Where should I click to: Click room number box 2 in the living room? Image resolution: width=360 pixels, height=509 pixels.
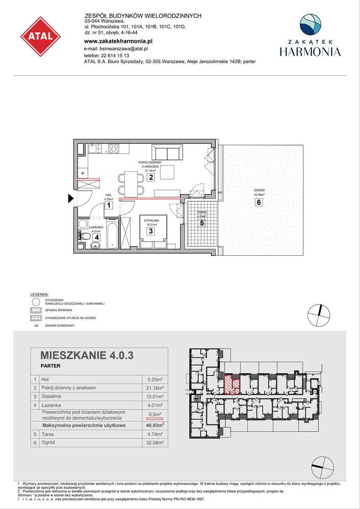pyautogui.click(x=151, y=177)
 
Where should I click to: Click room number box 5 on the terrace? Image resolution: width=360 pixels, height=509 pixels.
pyautogui.click(x=202, y=223)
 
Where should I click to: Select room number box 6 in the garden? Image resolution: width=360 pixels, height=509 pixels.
pyautogui.click(x=259, y=202)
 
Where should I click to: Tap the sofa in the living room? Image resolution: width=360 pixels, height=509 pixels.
pyautogui.click(x=167, y=152)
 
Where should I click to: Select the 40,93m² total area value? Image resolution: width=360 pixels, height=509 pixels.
pyautogui.click(x=153, y=425)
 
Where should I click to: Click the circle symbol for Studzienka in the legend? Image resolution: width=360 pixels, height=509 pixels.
pyautogui.click(x=35, y=302)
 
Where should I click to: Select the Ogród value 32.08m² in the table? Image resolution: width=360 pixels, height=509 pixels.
pyautogui.click(x=153, y=443)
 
